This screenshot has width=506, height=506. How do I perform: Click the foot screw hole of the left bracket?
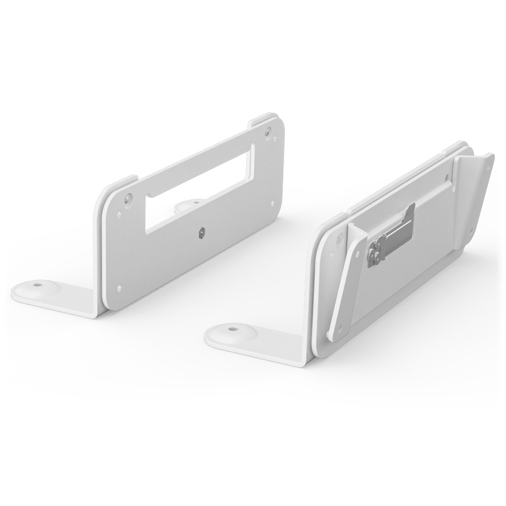pos(37,285)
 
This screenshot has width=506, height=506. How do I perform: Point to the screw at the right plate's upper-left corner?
pos(337,241)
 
